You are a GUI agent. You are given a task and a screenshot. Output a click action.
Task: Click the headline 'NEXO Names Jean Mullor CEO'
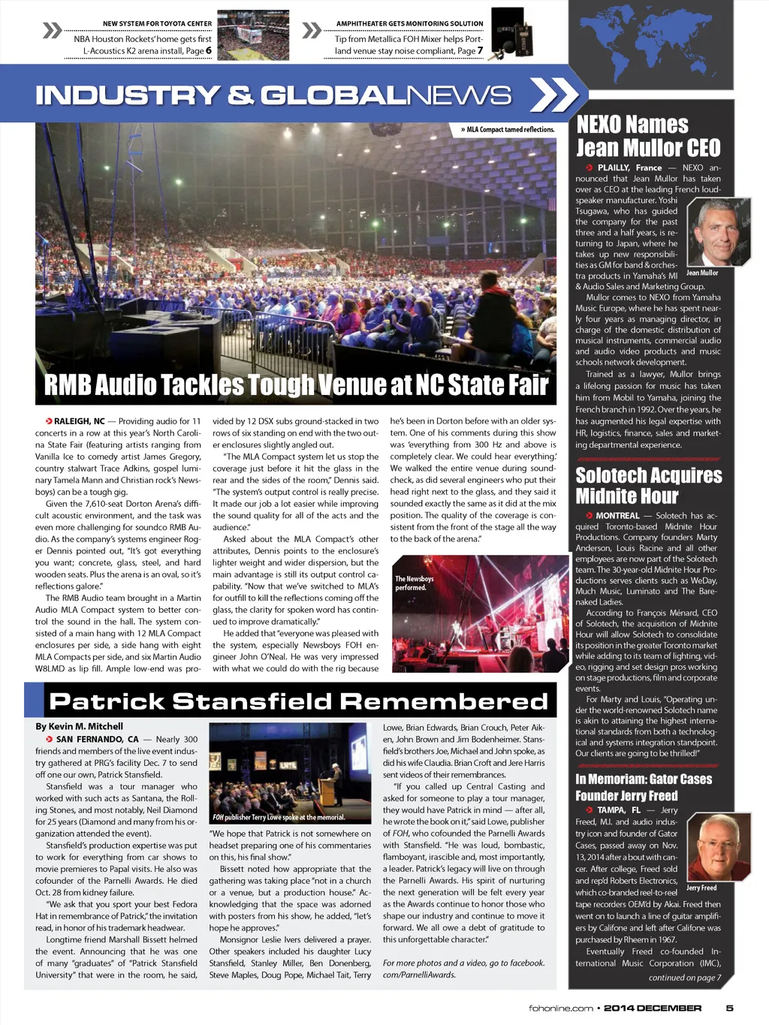[x=647, y=136]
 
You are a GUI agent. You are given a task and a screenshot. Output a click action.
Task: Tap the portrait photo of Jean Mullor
[x=719, y=232]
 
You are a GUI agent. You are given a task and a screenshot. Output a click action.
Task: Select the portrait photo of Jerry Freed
[x=719, y=847]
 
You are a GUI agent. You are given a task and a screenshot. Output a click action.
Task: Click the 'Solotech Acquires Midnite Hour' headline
[x=648, y=486]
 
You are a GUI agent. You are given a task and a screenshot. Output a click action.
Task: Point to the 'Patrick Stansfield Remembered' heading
[x=298, y=701]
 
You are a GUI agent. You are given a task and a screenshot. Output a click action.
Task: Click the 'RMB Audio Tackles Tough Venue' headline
[x=296, y=385]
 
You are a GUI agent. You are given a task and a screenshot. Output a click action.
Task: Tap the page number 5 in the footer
[x=729, y=1008]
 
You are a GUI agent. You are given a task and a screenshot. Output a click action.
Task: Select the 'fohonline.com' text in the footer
[x=560, y=1008]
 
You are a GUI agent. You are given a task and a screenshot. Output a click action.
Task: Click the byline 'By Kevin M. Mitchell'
[x=79, y=726]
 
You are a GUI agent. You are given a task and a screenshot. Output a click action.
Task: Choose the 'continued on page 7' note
[x=684, y=977]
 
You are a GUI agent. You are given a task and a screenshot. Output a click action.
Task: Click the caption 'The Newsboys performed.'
[x=414, y=583]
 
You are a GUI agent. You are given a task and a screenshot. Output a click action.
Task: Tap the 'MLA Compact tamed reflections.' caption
[x=508, y=129]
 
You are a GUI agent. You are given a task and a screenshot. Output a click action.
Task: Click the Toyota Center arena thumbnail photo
[x=252, y=35]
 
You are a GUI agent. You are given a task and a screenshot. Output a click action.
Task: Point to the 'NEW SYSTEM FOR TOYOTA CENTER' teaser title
[x=157, y=24]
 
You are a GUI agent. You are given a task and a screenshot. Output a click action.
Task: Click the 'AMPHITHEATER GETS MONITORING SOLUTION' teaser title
[x=409, y=24]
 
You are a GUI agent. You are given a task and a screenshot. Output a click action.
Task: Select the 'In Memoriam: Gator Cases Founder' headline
[x=643, y=787]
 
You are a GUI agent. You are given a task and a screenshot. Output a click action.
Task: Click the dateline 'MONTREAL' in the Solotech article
[x=617, y=516]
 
